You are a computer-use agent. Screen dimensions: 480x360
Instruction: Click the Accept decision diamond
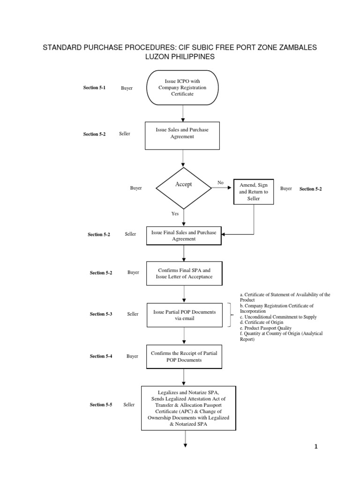point(183,187)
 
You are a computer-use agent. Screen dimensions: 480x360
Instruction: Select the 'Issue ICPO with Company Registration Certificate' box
point(182,88)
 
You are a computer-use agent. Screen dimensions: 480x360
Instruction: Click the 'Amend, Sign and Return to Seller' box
point(254,192)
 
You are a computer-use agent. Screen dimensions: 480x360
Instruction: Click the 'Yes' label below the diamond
point(175,213)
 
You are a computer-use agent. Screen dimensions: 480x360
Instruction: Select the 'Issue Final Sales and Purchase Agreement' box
point(184,235)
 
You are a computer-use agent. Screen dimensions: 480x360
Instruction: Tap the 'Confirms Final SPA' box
point(184,273)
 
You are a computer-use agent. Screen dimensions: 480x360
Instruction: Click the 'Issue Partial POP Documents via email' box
point(185,315)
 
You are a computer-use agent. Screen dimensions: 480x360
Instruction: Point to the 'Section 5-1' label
point(94,88)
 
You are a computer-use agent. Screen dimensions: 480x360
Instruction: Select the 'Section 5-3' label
point(101,314)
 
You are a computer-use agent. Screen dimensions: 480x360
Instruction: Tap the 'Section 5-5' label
point(101,405)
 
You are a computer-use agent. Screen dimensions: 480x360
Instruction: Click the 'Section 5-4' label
point(101,356)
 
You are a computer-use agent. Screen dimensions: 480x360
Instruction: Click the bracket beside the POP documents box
point(230,315)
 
